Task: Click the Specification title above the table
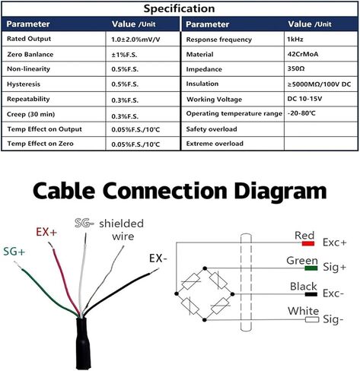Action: coord(179,8)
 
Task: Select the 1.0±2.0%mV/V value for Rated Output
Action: coord(135,40)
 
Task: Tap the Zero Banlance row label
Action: coord(30,55)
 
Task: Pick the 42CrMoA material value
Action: coord(303,54)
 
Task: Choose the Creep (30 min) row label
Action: coord(30,114)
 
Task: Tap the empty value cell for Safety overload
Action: coord(321,129)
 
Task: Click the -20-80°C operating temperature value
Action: coord(301,113)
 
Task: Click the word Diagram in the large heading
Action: coord(280,192)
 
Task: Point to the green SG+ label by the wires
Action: coord(14,252)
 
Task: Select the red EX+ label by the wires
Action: coord(46,232)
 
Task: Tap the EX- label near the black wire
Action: coord(158,258)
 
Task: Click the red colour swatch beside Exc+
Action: coord(308,243)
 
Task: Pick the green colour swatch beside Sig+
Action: coord(311,268)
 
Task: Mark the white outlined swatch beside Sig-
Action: coord(312,319)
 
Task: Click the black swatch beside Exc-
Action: coord(311,294)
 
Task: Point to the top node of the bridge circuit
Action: coord(205,268)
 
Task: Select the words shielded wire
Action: coord(122,230)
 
